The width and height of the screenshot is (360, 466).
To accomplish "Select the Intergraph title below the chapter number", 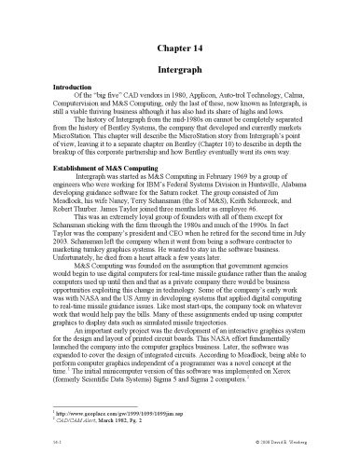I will click(180, 69).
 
